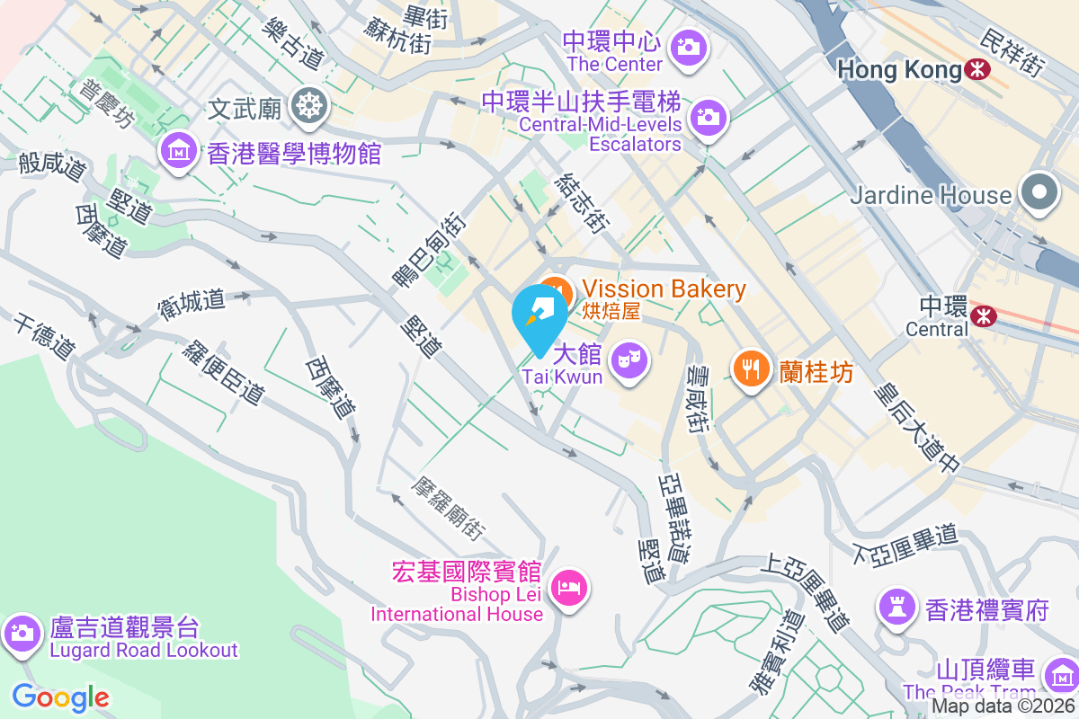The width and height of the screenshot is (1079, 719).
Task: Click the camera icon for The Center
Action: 689,46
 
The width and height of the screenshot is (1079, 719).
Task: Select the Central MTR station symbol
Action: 983,315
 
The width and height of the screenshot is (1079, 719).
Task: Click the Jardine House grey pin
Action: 1039,193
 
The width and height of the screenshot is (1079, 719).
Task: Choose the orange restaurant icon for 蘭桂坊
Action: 750,368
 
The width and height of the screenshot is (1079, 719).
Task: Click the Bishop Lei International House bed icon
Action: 567,589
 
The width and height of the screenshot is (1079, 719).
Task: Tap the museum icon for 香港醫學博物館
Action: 179,149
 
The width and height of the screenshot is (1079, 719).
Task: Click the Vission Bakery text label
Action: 664,289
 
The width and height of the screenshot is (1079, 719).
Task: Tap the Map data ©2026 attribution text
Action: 1003,706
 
